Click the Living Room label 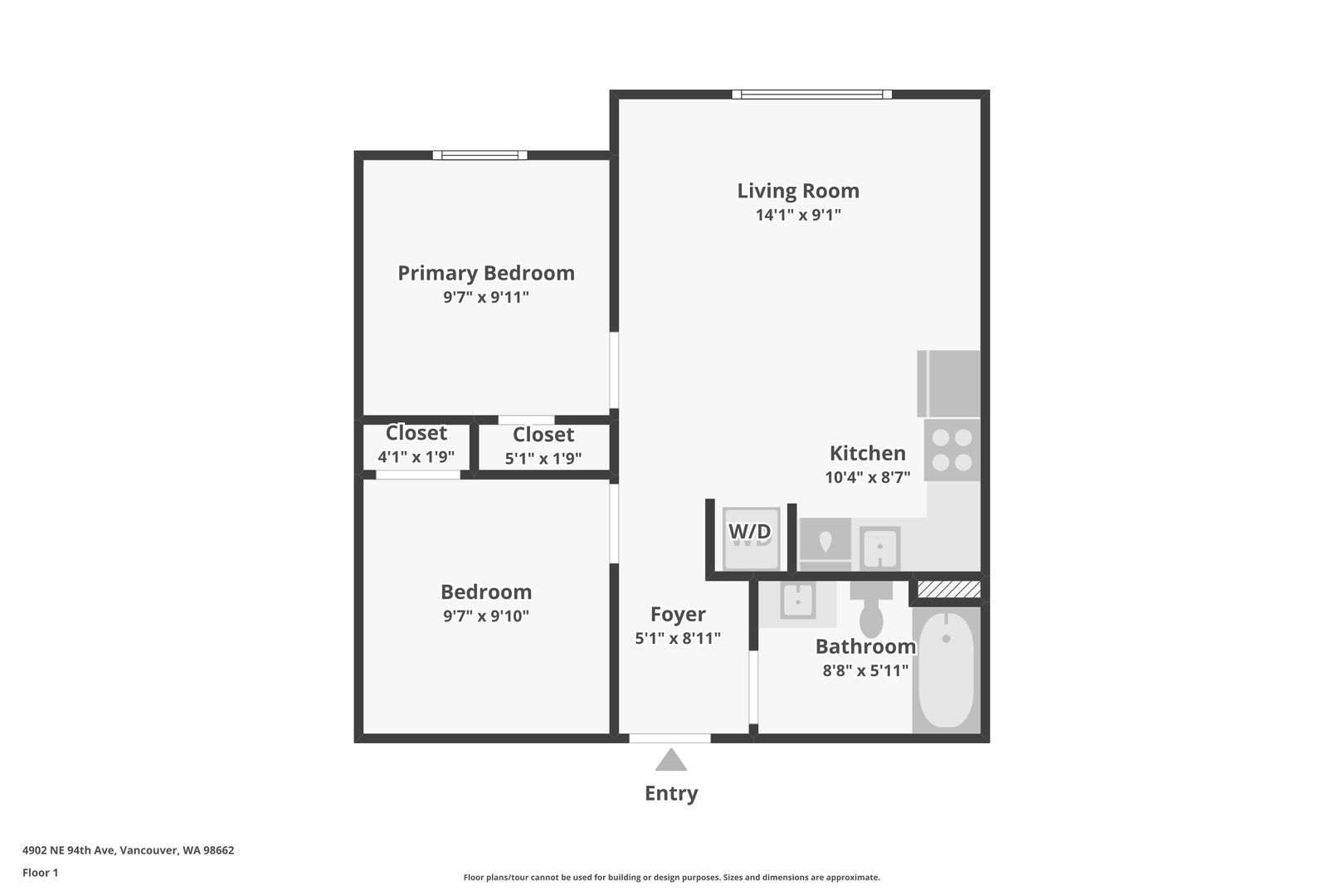tap(798, 191)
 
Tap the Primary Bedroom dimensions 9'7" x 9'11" tap(486, 297)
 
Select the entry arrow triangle tap(671, 760)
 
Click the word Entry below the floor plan tap(671, 793)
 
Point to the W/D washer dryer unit tap(751, 538)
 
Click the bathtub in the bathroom tap(947, 670)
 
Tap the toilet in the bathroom tap(871, 609)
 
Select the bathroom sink tap(798, 600)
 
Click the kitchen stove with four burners tap(952, 450)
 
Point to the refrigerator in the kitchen tap(948, 384)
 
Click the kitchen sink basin tap(879, 548)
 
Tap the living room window tap(812, 95)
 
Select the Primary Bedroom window tap(480, 155)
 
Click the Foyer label tap(678, 615)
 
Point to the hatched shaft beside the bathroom tap(948, 589)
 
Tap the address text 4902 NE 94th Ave tap(69, 850)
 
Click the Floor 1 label tap(40, 874)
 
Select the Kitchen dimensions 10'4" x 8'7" tap(868, 478)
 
